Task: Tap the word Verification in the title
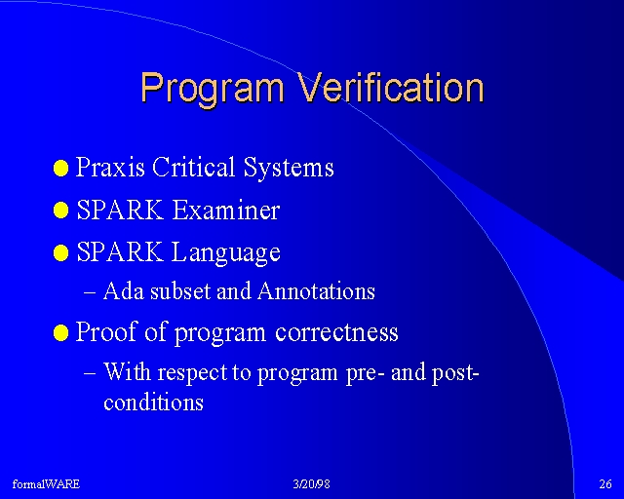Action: [x=391, y=87]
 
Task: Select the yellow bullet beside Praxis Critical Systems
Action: [x=60, y=169]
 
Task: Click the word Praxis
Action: [x=110, y=167]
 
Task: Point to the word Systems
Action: [x=289, y=168]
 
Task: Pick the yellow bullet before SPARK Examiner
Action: [x=60, y=211]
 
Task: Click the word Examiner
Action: [x=226, y=210]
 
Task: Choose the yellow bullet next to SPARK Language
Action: [x=60, y=252]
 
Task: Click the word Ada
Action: [x=124, y=290]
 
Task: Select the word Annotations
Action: [x=316, y=290]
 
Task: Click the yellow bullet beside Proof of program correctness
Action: [x=60, y=332]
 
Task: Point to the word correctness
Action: [x=336, y=332]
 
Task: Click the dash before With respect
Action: [x=90, y=374]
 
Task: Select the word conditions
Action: [x=154, y=402]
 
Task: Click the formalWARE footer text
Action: [x=46, y=483]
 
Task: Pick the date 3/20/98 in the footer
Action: [x=312, y=483]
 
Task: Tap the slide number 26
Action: [x=605, y=483]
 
